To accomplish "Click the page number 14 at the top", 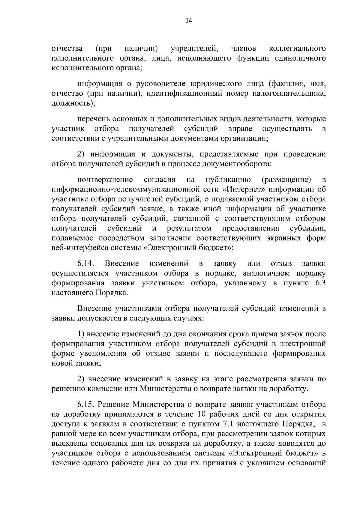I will tap(188, 21).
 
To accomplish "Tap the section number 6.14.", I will tap(86, 263).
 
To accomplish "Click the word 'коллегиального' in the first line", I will tap(298, 48).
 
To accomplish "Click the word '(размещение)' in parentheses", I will tap(286, 180).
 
